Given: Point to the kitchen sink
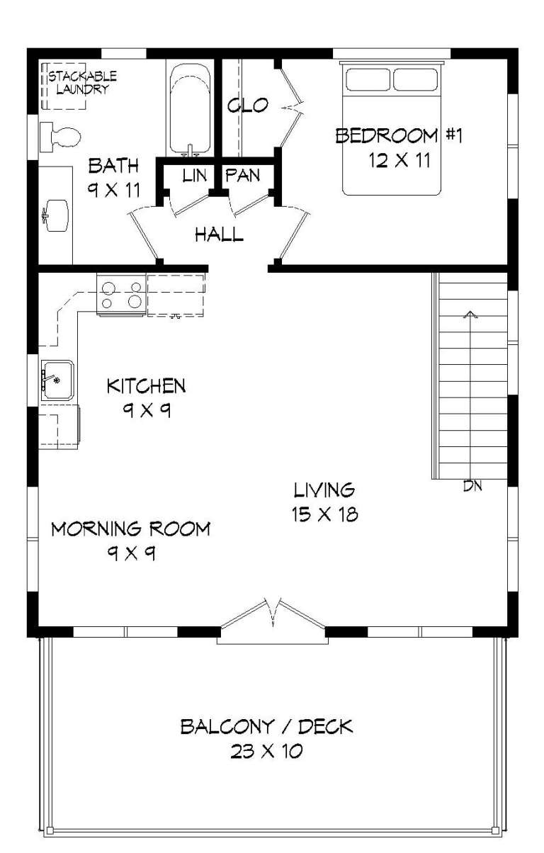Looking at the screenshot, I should [57, 380].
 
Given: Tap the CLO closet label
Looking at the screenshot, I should [247, 106].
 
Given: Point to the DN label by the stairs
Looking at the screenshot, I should [472, 486].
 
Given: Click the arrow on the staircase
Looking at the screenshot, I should [469, 315].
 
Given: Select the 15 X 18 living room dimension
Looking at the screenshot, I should [324, 514].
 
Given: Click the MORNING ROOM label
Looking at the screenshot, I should [130, 529].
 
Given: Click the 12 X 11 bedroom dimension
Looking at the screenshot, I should [399, 161].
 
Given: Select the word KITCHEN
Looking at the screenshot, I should [146, 386].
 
